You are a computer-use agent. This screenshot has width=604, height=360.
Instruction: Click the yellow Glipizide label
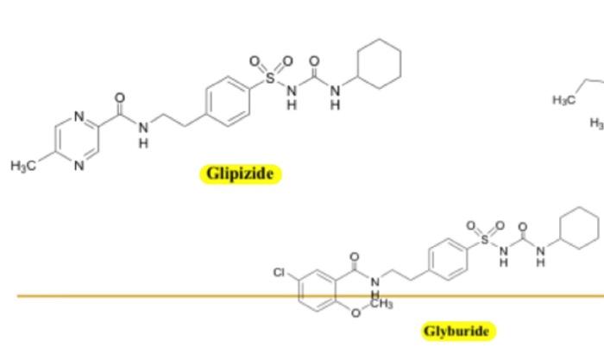pyautogui.click(x=241, y=174)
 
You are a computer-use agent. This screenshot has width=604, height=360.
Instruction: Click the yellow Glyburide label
pyautogui.click(x=456, y=331)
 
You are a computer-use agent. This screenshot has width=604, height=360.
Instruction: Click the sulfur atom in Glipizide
pyautogui.click(x=270, y=79)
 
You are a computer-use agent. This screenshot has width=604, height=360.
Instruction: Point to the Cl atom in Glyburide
pyautogui.click(x=280, y=273)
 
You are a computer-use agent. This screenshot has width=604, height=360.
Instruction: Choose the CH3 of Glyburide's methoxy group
pyautogui.click(x=381, y=304)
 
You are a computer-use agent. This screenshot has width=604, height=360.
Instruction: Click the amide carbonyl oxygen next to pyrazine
pyautogui.click(x=120, y=98)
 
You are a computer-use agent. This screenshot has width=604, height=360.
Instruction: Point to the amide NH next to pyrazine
pyautogui.click(x=142, y=131)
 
